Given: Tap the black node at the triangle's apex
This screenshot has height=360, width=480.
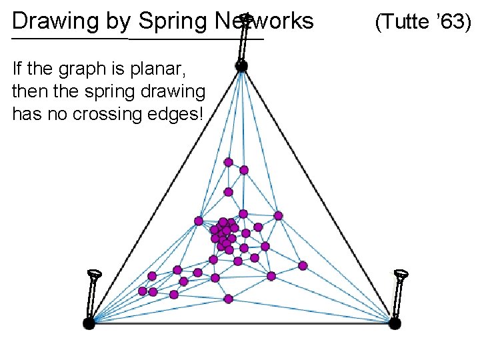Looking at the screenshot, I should [x=241, y=65].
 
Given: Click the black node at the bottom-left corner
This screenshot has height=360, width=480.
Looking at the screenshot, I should [x=89, y=323].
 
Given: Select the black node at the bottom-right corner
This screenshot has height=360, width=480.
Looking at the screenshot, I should [x=395, y=323].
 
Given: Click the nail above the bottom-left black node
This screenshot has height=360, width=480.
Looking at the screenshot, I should [x=93, y=293].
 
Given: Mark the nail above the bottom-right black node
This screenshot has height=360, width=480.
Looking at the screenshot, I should [x=400, y=293].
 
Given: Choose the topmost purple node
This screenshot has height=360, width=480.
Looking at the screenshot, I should [x=228, y=162].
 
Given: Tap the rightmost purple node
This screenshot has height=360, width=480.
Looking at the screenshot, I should [x=303, y=265].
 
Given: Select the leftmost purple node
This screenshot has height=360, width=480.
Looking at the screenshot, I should [x=142, y=291].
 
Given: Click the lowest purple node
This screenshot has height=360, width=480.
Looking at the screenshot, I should [x=228, y=298].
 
